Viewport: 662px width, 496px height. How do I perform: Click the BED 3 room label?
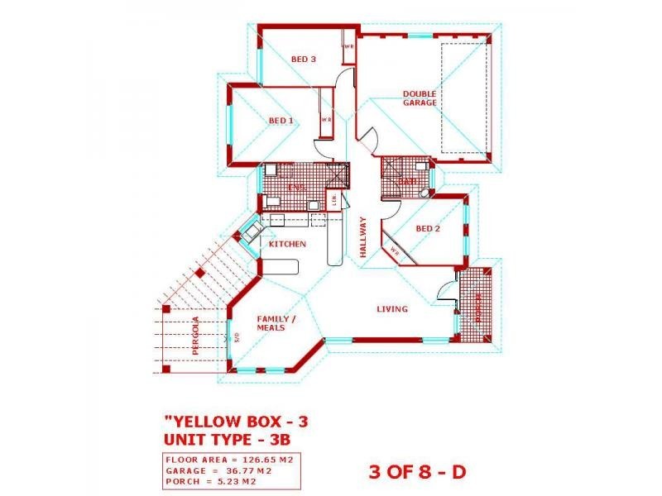coord(304,59)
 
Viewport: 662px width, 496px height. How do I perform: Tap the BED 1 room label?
coord(281,121)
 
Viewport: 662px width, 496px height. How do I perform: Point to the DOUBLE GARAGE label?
coord(420,98)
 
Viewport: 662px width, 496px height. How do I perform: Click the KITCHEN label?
coord(288,245)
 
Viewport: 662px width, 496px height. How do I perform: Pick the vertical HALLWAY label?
coord(362,236)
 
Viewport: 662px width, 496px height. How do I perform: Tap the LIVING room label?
coord(392,309)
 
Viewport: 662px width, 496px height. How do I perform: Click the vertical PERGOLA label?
coord(196,336)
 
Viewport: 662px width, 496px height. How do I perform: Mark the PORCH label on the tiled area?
coord(477,309)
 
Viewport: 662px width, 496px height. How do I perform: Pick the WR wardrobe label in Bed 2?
coord(395,253)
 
